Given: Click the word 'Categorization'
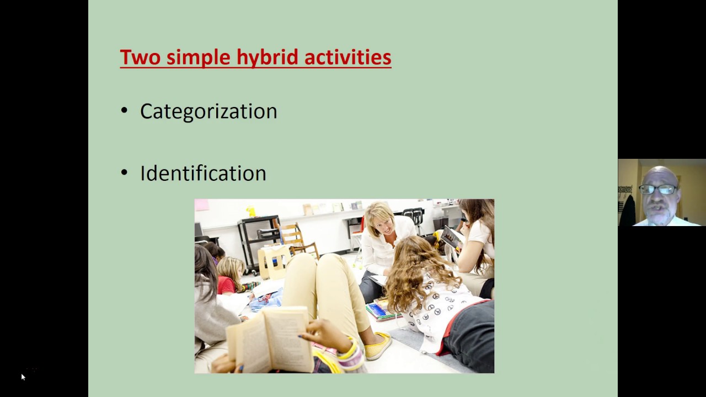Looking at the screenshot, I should pyautogui.click(x=208, y=111).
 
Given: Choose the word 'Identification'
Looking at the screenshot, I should pyautogui.click(x=203, y=174).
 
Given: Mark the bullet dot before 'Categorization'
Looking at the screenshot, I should pyautogui.click(x=124, y=111).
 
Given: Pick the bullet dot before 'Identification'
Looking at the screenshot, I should pyautogui.click(x=124, y=173).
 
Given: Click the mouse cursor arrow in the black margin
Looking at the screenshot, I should pyautogui.click(x=23, y=377).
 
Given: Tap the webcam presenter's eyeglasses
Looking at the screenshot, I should pyautogui.click(x=658, y=190).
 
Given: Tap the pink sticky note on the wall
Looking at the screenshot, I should pyautogui.click(x=202, y=205).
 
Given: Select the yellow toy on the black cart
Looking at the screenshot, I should pyautogui.click(x=251, y=211).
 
